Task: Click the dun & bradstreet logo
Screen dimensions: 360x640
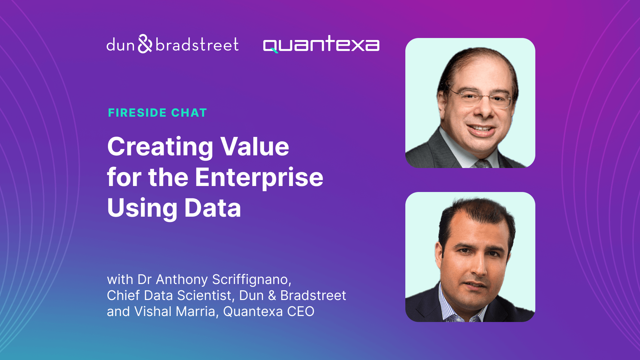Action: click(173, 45)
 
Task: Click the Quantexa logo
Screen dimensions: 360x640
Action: click(321, 45)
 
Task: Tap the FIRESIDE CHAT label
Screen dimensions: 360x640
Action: click(157, 113)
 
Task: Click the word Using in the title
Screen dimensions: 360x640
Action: click(138, 208)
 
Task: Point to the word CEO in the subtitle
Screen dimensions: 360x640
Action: click(298, 312)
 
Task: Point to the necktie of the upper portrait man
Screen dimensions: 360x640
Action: click(482, 161)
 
